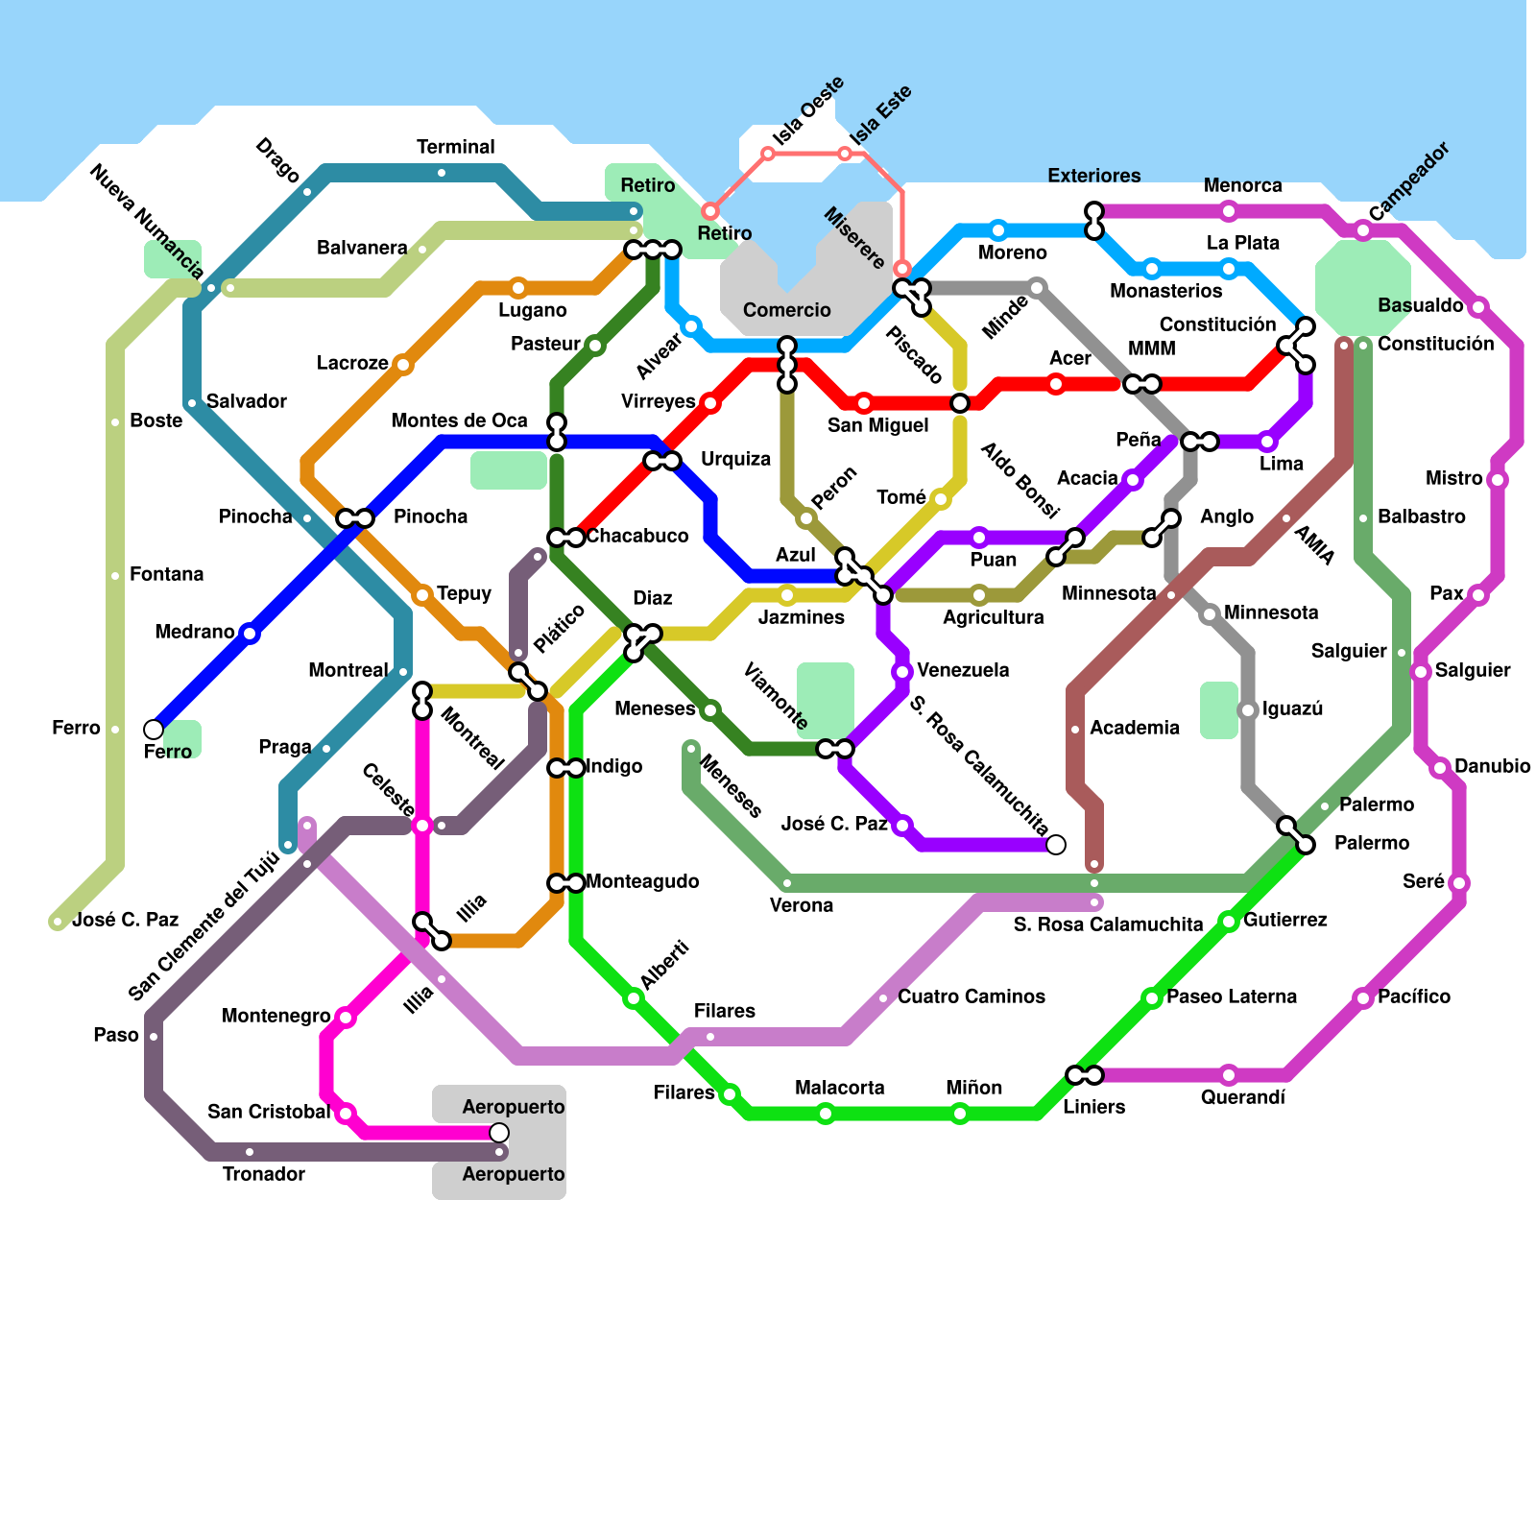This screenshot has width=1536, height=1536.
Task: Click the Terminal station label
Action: pos(456,147)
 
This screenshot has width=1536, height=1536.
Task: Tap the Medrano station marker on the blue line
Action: pos(250,634)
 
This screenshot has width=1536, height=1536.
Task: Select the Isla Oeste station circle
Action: pos(768,154)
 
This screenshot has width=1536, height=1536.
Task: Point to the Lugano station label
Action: pos(533,310)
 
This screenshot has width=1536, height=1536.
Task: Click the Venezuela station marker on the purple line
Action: pos(902,672)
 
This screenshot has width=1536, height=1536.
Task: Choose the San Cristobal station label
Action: pos(269,1112)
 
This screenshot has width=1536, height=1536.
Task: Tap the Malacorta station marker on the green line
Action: pos(826,1114)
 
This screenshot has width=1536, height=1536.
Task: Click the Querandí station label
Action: pos(1243,1097)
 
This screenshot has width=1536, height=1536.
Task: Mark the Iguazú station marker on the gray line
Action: pos(1248,710)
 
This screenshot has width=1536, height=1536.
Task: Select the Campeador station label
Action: pos(1408,181)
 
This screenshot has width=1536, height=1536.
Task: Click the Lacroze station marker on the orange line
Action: pos(403,365)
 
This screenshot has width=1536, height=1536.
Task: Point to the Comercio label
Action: pos(787,310)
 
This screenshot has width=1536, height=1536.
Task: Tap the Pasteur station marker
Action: pos(595,346)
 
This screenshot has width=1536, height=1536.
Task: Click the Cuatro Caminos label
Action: pos(972,996)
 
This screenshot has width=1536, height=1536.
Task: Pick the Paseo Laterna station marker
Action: pos(1152,998)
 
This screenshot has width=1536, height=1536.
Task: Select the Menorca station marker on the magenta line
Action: pos(1229,211)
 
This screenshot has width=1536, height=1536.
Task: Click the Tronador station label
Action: pos(264,1174)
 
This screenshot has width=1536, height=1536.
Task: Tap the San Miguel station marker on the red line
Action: pos(864,403)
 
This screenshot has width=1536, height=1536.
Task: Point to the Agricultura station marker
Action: pos(979,595)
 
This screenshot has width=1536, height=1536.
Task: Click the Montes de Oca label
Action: pos(460,420)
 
